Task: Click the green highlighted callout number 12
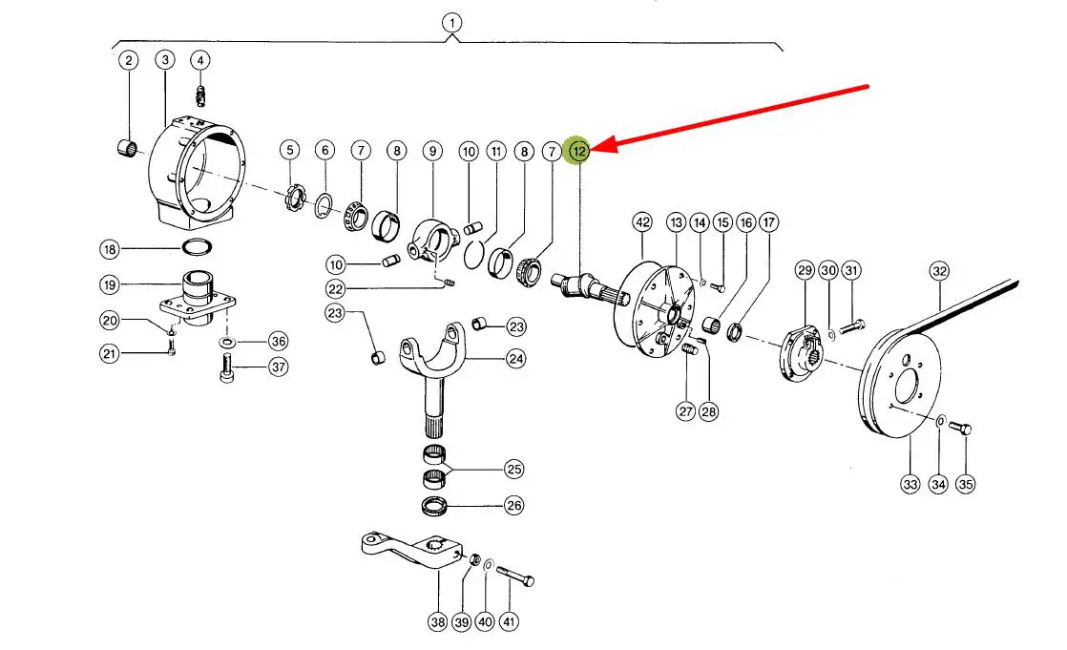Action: pos(578,150)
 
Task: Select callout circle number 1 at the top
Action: pos(450,21)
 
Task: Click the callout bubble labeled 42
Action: pos(641,222)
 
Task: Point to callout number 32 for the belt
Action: pos(939,271)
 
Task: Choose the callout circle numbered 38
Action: pos(437,622)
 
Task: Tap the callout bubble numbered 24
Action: pos(516,359)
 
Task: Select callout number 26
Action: pos(514,505)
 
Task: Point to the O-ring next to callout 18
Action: pos(197,249)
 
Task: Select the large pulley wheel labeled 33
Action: pos(900,382)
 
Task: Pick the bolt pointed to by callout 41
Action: pos(515,577)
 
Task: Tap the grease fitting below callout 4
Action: pos(200,95)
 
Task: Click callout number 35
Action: pos(967,484)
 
